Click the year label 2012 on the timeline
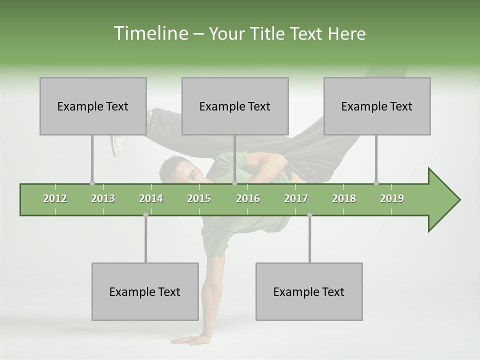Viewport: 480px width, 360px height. [55, 198]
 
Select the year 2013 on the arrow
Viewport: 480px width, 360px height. [103, 198]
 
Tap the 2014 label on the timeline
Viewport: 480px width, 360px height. [151, 198]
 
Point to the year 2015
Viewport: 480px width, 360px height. [199, 198]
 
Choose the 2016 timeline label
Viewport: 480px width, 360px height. [248, 198]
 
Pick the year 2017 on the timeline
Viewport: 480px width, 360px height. [296, 198]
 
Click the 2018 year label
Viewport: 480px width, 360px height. [344, 198]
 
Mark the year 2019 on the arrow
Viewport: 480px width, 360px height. [392, 198]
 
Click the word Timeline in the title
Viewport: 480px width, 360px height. [150, 33]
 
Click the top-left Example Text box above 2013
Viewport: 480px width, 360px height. [93, 106]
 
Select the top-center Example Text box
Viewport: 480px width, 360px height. [235, 106]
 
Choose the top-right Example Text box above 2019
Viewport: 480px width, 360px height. [377, 106]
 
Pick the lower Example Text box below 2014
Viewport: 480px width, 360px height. [145, 291]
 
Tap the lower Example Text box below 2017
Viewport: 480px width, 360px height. [309, 291]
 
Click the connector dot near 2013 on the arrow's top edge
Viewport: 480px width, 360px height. [92, 183]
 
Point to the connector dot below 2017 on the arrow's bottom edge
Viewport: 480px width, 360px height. [309, 215]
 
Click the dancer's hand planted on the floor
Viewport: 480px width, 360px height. [187, 340]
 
